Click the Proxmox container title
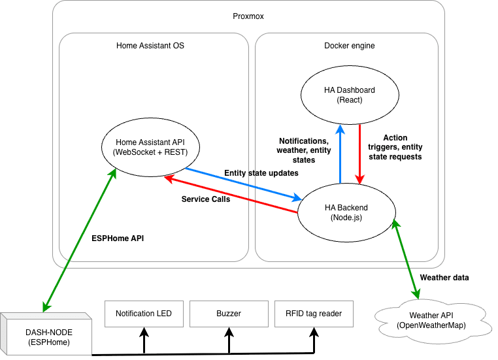point(248,16)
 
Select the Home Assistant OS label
point(150,46)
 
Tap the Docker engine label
point(350,46)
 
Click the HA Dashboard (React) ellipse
point(350,95)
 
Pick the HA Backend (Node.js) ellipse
point(346,213)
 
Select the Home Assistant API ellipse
point(150,147)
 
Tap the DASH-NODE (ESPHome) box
point(46,334)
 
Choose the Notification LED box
point(144,314)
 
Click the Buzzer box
point(229,314)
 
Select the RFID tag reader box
point(314,314)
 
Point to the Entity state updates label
point(261,173)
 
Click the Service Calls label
point(206,199)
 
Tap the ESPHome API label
point(118,238)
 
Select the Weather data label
point(444,278)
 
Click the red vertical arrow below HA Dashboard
point(359,154)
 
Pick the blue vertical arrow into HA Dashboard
point(340,154)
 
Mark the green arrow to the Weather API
point(407,259)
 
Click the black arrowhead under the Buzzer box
point(229,332)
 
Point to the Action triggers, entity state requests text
point(395,147)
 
